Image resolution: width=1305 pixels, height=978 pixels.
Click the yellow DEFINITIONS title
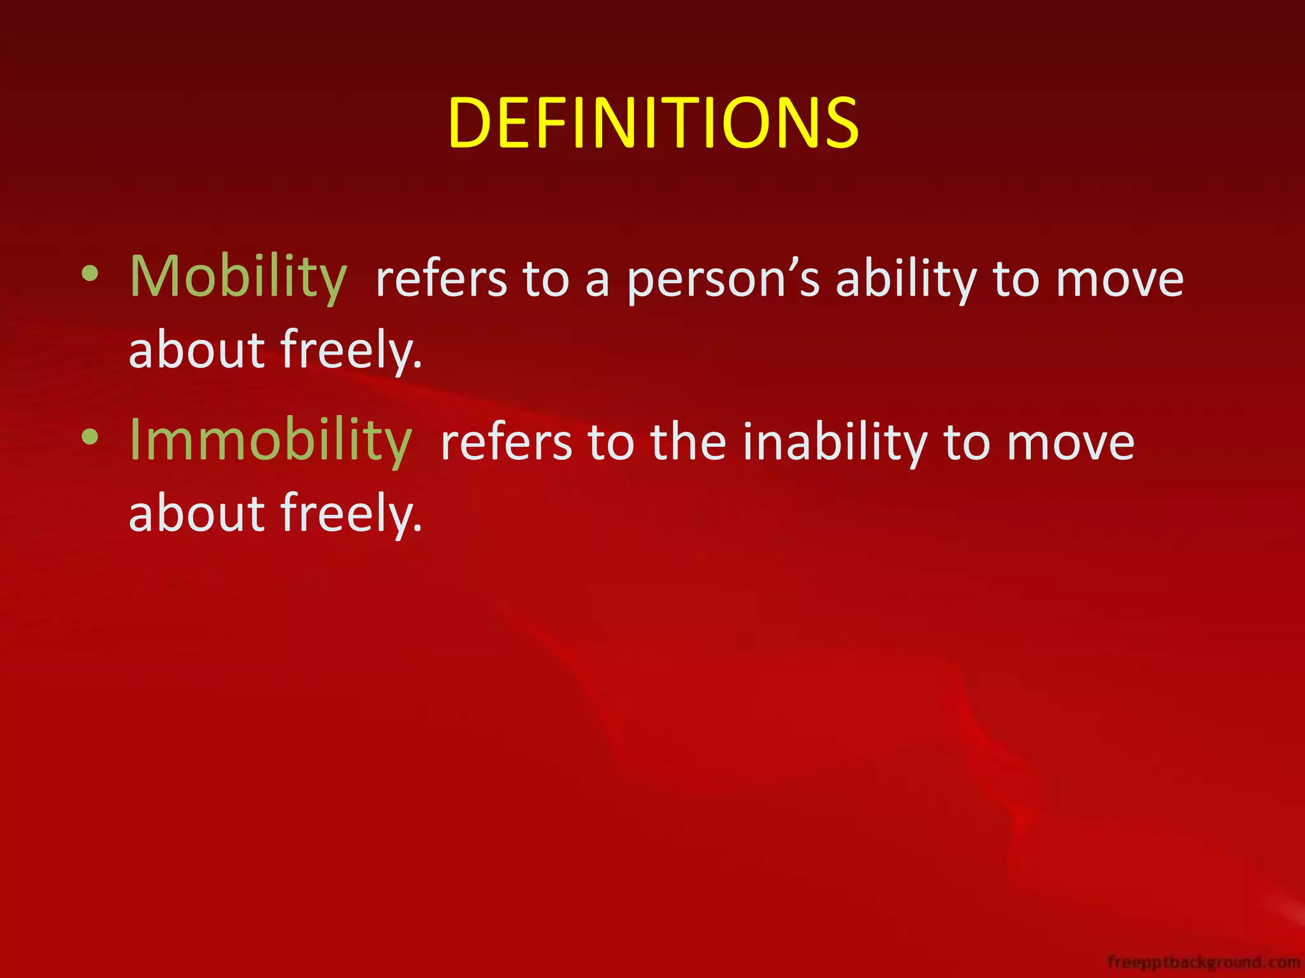tap(653, 123)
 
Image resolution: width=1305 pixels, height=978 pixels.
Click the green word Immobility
tap(271, 440)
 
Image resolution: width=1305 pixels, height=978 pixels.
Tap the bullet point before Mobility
tap(90, 274)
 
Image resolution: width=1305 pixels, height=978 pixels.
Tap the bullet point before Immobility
tap(90, 437)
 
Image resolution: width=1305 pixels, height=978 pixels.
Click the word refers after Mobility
tap(442, 280)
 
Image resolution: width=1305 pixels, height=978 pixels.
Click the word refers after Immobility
tap(506, 443)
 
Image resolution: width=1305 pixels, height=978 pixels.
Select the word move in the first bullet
tap(1120, 280)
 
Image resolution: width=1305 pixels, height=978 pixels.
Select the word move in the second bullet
tap(1071, 443)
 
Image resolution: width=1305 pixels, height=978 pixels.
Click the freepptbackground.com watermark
tap(1204, 961)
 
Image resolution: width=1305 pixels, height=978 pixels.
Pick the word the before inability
tap(688, 443)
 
